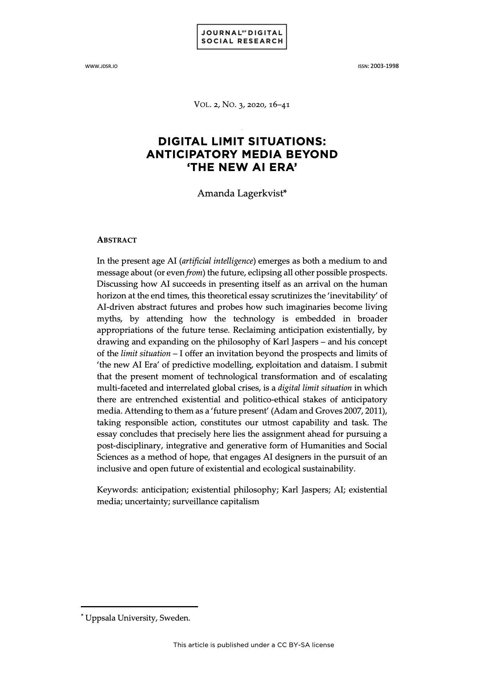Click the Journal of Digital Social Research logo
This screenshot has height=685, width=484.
click(242, 37)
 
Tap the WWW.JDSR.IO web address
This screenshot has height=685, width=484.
click(101, 66)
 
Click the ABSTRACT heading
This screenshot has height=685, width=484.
click(117, 240)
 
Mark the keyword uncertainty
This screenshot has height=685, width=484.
click(147, 501)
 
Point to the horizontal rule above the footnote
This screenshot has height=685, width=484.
click(139, 607)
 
